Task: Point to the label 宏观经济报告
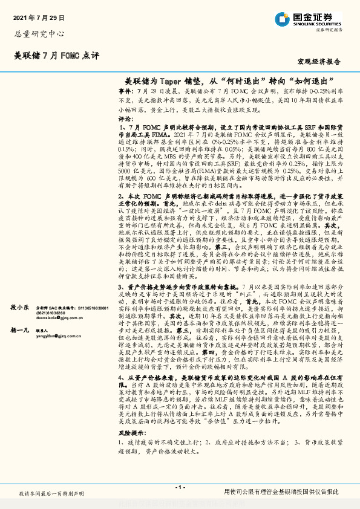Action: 318,62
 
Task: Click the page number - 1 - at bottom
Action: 180,487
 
